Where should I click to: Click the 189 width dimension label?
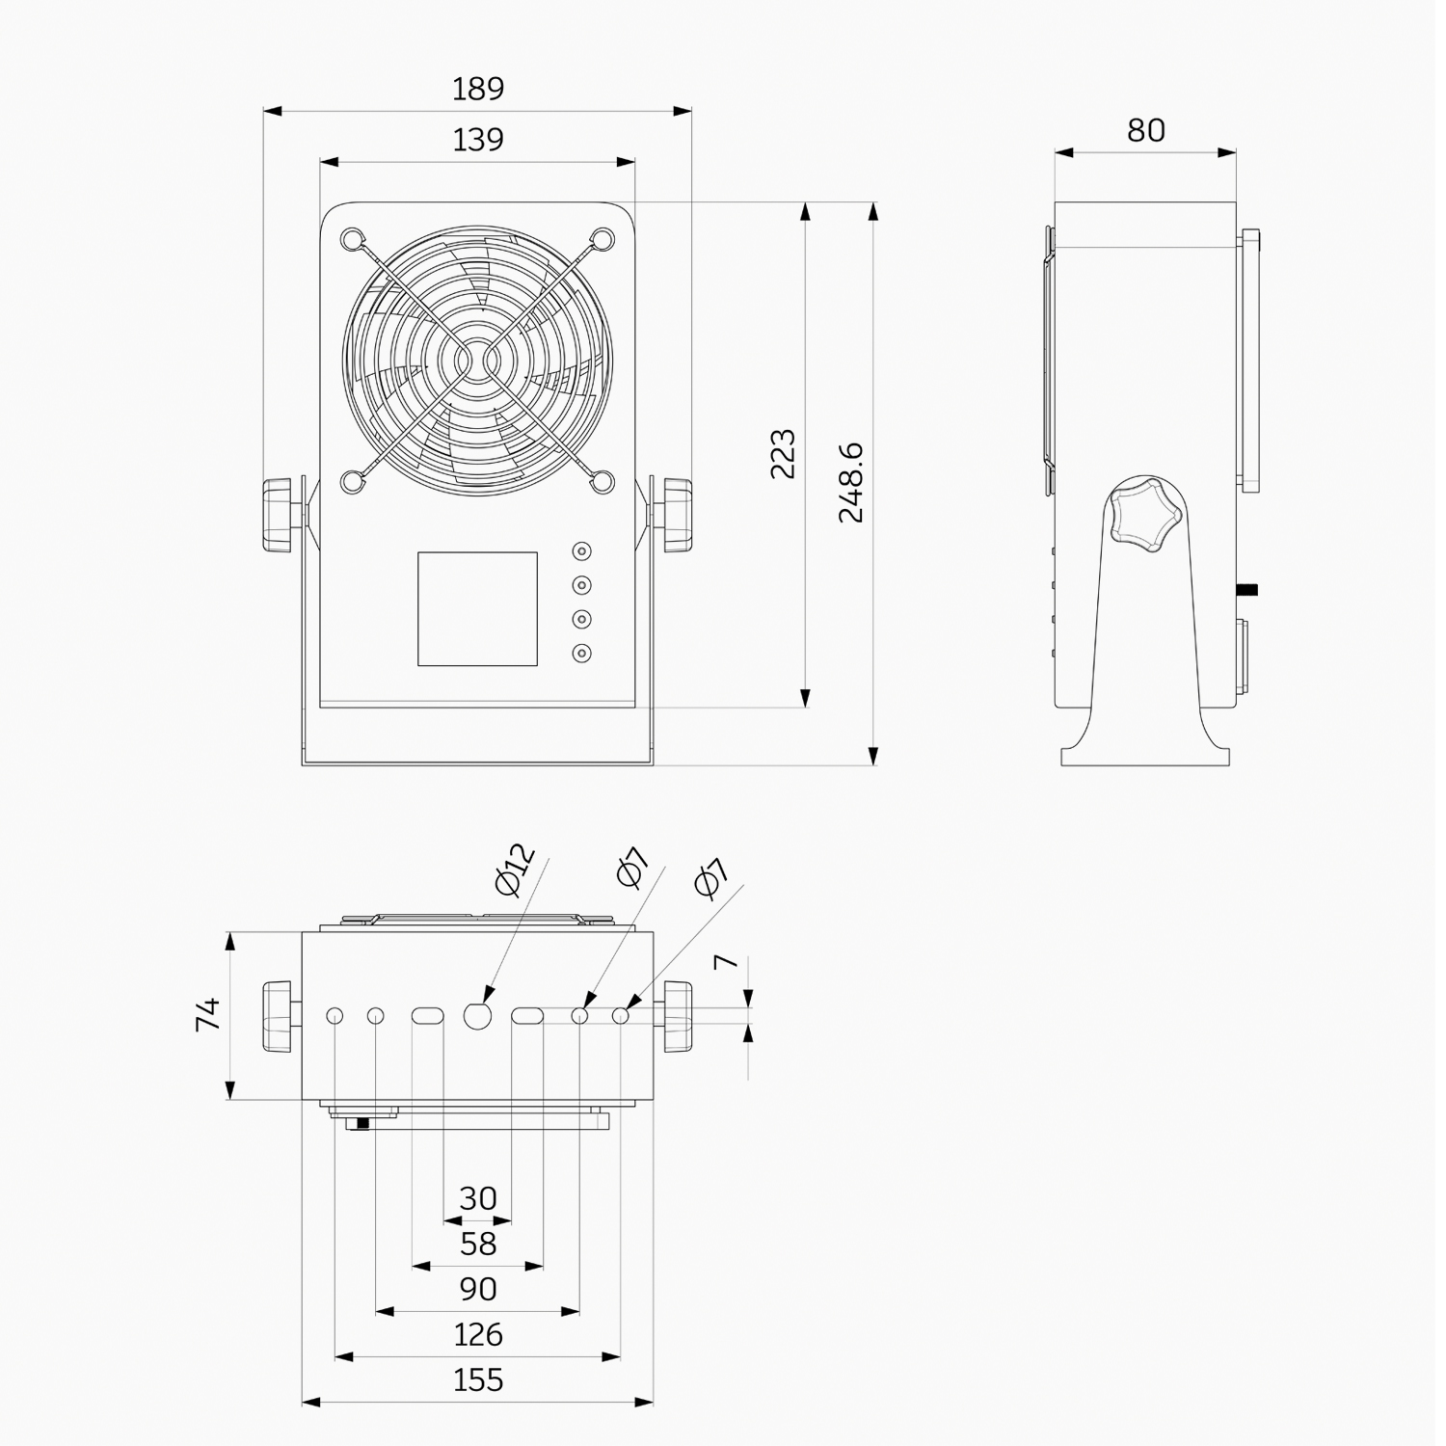(478, 89)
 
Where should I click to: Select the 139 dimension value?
(478, 140)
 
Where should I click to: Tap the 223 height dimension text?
(783, 454)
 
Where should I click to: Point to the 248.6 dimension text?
(850, 483)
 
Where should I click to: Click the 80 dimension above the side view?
(1145, 130)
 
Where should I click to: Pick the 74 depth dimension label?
(208, 1015)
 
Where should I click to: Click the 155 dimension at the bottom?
(478, 1380)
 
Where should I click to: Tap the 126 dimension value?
(478, 1335)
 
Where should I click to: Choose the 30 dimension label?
(478, 1198)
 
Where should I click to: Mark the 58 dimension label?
(478, 1245)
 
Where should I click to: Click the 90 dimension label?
(478, 1290)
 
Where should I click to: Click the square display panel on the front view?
(477, 609)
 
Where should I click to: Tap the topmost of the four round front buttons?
(581, 551)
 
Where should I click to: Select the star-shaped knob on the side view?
(1144, 513)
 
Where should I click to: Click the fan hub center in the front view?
(478, 361)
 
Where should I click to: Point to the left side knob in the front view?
(278, 515)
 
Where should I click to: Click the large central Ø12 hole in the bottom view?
(478, 1015)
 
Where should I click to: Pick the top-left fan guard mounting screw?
(353, 238)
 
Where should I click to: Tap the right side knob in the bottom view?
(677, 1017)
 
